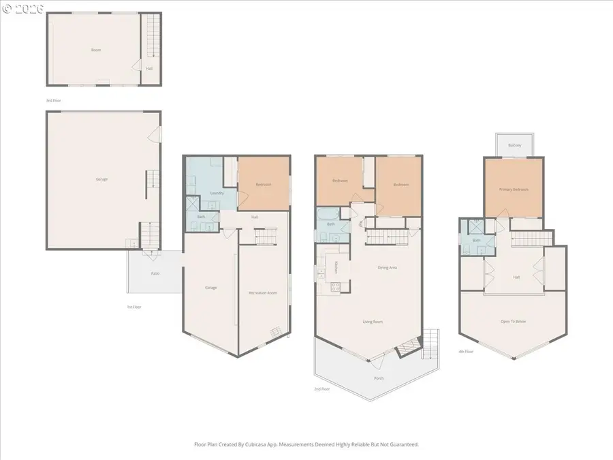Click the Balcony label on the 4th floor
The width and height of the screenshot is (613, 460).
click(x=514, y=145)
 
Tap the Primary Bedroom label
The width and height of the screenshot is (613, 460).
click(x=514, y=189)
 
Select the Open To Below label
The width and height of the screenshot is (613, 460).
click(x=514, y=321)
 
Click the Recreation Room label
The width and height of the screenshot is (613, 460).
click(x=262, y=293)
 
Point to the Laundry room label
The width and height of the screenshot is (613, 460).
click(x=217, y=193)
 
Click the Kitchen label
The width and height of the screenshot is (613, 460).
click(x=336, y=267)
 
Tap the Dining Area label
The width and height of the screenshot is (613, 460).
click(x=388, y=267)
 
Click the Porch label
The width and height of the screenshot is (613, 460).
click(x=379, y=378)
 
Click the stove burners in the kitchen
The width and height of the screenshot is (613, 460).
click(x=334, y=288)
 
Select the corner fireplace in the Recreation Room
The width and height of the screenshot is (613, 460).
click(x=275, y=333)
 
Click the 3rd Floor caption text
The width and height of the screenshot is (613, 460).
click(x=53, y=100)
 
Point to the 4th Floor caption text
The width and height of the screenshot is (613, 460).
click(x=467, y=351)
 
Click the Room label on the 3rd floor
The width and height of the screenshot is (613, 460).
click(x=96, y=50)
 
